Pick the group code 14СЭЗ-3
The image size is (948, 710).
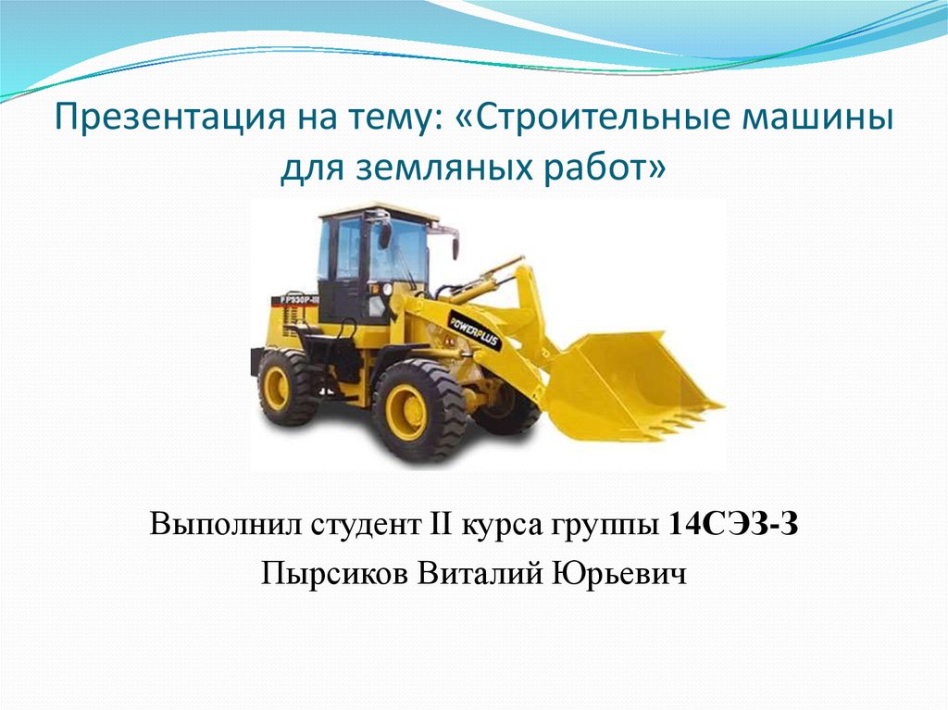click(734, 524)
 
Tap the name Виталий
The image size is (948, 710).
click(480, 573)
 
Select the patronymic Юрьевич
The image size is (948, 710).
click(619, 573)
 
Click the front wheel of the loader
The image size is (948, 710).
click(418, 411)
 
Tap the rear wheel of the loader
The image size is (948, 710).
click(286, 388)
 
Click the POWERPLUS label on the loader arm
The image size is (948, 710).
click(475, 330)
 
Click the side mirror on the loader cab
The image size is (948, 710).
click(384, 234)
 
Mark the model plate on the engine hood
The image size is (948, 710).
click(295, 299)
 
